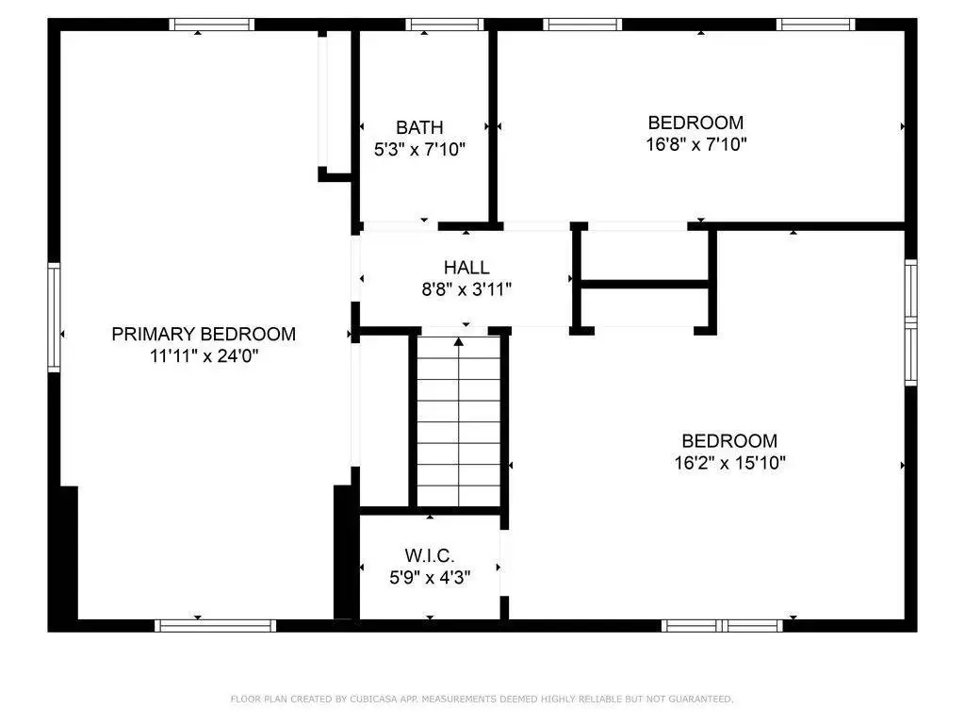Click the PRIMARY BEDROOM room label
coord(204,334)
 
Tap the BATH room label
coord(419,127)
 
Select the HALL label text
coord(466,267)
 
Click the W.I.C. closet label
coord(430,555)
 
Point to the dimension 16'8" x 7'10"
coord(696,144)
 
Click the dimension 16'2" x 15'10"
coord(730,462)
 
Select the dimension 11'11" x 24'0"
coord(204,355)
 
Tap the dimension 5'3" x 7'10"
coord(419,149)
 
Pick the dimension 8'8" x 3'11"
coord(466,288)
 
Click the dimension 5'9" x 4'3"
coord(430,578)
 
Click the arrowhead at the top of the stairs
coord(459,341)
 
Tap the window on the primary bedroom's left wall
coord(54,317)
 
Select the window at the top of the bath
coord(445,25)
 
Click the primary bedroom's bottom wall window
coord(216,626)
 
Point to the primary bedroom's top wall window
coord(212,25)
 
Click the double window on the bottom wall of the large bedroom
coord(722,626)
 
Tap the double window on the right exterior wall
coord(911,322)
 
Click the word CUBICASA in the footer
coord(373,699)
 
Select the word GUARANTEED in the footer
coord(701,699)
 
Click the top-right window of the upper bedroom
coord(815,25)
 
